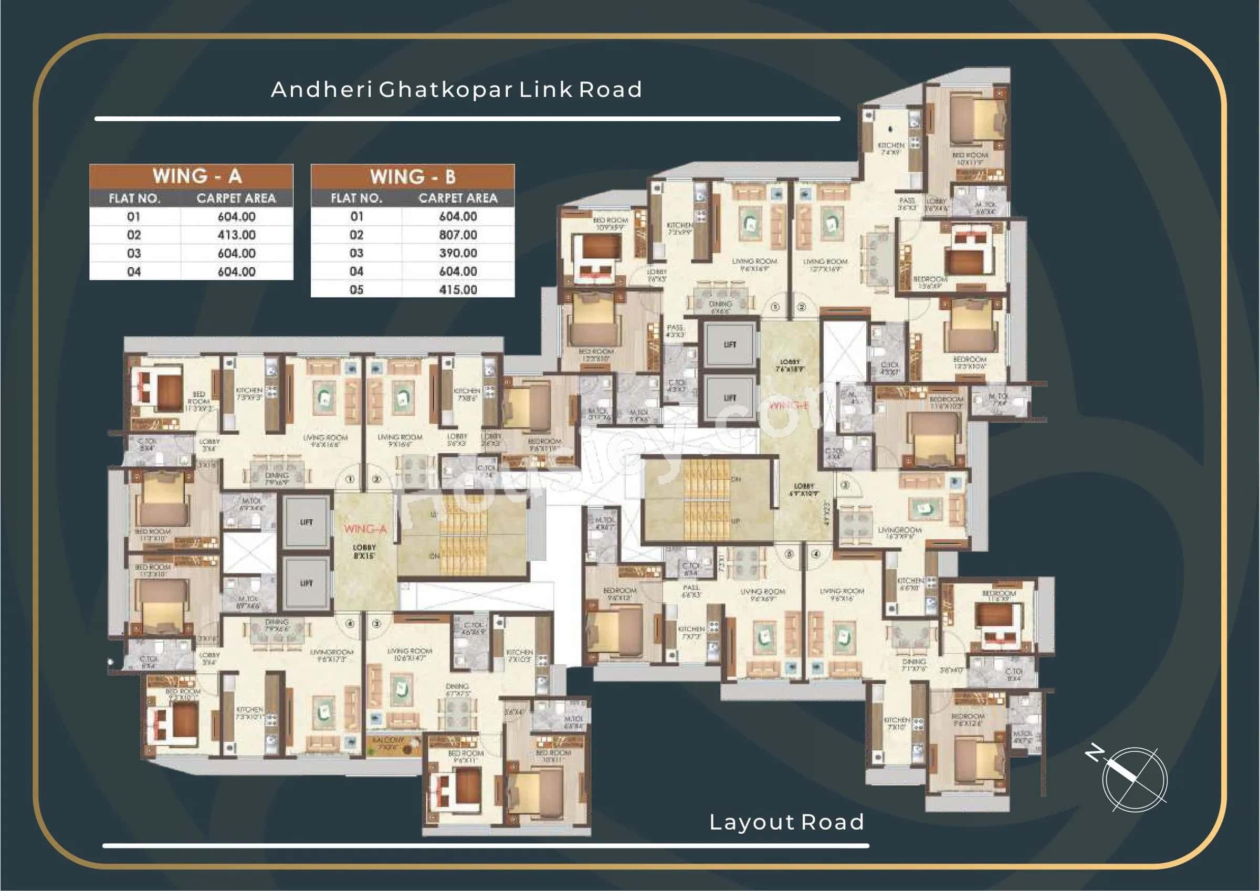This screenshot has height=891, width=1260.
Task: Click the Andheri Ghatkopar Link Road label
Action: pyautogui.click(x=456, y=89)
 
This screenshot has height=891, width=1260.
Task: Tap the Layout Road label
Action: pyautogui.click(x=786, y=822)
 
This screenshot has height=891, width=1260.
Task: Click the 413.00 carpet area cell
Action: pyautogui.click(x=237, y=235)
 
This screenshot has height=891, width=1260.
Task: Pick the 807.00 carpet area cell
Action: pyautogui.click(x=458, y=235)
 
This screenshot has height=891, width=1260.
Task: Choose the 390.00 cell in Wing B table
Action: pyautogui.click(x=458, y=253)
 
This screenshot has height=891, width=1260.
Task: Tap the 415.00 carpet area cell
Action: pyautogui.click(x=458, y=289)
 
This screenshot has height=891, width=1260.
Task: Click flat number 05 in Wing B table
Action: pyautogui.click(x=356, y=289)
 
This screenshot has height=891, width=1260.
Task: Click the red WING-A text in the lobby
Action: pyautogui.click(x=365, y=529)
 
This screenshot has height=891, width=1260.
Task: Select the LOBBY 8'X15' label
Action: pyautogui.click(x=364, y=551)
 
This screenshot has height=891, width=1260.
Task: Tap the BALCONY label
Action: pyautogui.click(x=387, y=743)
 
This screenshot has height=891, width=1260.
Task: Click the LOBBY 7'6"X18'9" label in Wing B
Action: pyautogui.click(x=790, y=365)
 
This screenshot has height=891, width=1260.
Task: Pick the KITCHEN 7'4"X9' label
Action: pyautogui.click(x=891, y=148)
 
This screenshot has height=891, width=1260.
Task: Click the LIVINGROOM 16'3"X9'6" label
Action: pyautogui.click(x=899, y=533)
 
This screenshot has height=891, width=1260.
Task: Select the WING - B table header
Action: pyautogui.click(x=413, y=176)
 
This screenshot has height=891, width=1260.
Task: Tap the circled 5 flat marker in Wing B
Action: pyautogui.click(x=789, y=554)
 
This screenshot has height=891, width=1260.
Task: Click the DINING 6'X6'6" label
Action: pyautogui.click(x=720, y=307)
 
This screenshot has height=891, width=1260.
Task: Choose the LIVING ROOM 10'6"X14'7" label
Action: pyautogui.click(x=409, y=653)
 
